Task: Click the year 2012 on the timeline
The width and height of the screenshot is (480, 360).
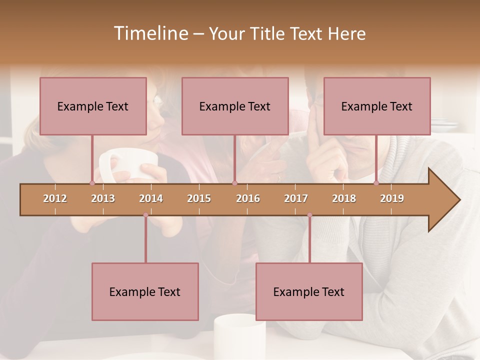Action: (x=55, y=198)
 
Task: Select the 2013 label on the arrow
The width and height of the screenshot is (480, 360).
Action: (x=103, y=198)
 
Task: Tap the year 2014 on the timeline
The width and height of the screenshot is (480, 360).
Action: (x=151, y=198)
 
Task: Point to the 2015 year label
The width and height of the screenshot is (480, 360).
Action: (x=199, y=198)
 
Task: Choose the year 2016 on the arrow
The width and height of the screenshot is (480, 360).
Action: (x=248, y=198)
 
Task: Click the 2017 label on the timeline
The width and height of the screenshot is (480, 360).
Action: (x=296, y=198)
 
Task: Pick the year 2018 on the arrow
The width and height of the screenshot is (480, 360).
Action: (x=344, y=198)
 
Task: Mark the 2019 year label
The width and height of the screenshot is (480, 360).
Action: (x=392, y=198)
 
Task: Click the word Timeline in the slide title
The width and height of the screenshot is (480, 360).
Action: (x=149, y=33)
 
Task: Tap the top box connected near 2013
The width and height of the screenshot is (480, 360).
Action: (x=93, y=106)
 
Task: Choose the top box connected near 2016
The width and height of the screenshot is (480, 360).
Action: (x=235, y=106)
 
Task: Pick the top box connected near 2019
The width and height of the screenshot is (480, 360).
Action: (x=377, y=106)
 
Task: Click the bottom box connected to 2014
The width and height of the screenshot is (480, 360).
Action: (x=145, y=291)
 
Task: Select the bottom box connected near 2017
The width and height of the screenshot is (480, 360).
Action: (x=309, y=291)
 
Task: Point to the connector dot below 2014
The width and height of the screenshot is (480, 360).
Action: (x=145, y=215)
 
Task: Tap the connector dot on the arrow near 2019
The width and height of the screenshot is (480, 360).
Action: (x=376, y=183)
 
